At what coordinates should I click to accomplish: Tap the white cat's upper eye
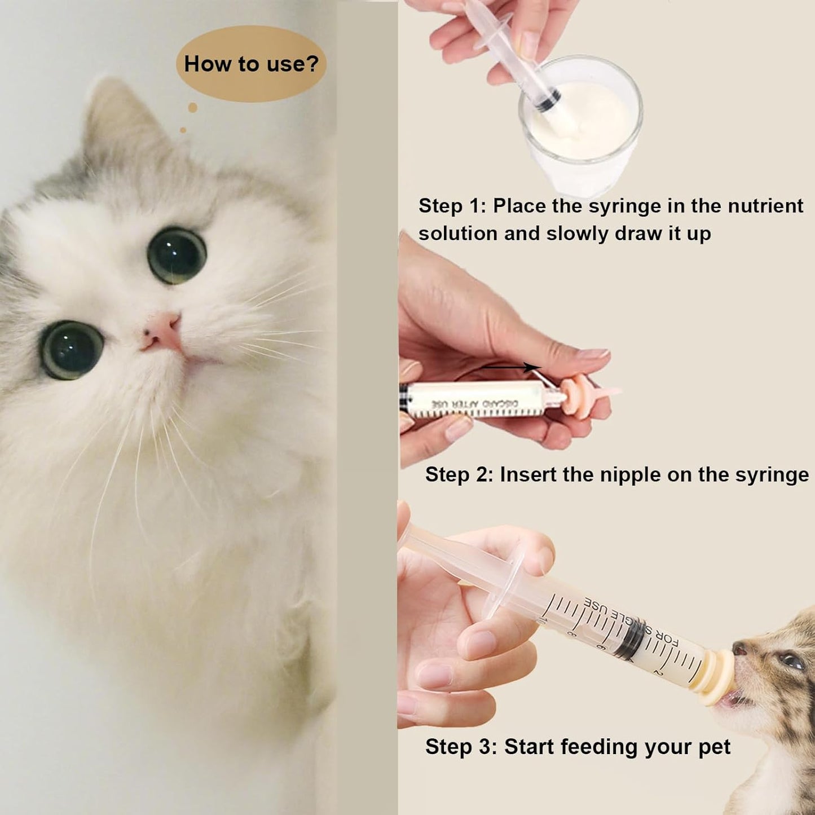[177, 255]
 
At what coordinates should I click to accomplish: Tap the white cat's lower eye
[72, 350]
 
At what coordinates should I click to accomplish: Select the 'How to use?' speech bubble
[251, 64]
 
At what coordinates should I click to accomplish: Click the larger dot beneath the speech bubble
[192, 107]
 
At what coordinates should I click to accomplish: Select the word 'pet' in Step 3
[714, 747]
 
